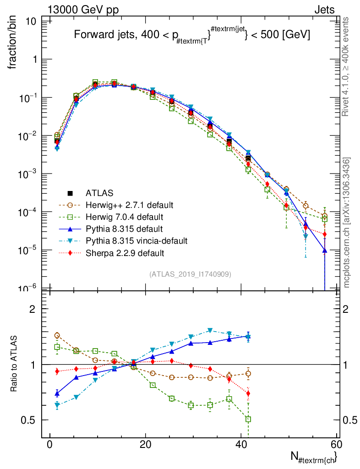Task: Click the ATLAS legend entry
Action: tap(99, 193)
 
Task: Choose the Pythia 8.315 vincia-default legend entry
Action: tap(136, 240)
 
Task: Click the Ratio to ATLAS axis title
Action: tap(14, 364)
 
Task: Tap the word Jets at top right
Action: tap(324, 10)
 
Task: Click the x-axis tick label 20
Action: tap(145, 445)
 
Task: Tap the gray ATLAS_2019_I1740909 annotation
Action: tap(190, 274)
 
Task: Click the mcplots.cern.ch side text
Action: tap(347, 223)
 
